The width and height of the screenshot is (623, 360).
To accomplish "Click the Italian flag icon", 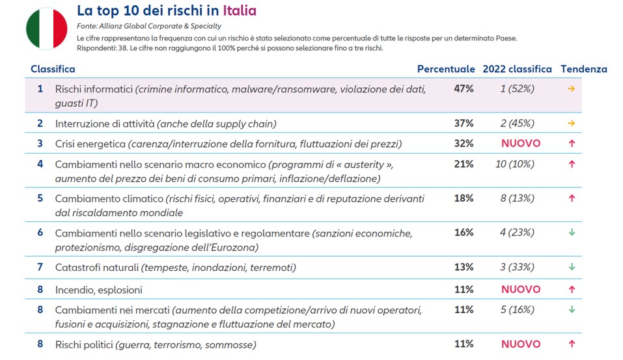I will (x=47, y=29).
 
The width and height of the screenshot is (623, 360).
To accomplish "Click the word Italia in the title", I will (x=239, y=10).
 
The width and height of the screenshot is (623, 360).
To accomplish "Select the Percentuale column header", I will (x=446, y=69).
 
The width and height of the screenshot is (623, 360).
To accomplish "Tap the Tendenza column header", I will (x=583, y=69).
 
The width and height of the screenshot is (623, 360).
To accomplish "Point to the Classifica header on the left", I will (x=53, y=69).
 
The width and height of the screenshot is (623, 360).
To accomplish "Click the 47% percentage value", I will (x=464, y=89).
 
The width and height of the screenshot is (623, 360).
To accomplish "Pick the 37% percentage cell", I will (x=464, y=123).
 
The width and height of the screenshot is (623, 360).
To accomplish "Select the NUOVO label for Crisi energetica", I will (x=520, y=143).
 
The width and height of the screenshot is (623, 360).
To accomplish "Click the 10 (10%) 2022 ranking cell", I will (x=514, y=164).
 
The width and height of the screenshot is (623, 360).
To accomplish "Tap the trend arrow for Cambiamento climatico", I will (x=572, y=199).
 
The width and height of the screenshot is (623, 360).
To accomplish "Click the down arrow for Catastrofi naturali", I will (x=572, y=267).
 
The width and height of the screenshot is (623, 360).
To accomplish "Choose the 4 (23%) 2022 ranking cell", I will (x=517, y=232).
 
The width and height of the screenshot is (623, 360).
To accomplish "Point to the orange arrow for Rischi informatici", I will (x=572, y=89).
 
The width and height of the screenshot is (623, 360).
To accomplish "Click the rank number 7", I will (x=40, y=267).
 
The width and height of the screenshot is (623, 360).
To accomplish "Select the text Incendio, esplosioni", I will (x=98, y=290).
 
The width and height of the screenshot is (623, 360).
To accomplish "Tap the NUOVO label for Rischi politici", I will (x=520, y=344).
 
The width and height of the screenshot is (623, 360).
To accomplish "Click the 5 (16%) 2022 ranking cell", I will (x=517, y=310).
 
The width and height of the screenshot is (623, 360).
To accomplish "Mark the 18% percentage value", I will (x=464, y=199).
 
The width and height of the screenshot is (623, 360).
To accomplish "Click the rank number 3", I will (x=40, y=143).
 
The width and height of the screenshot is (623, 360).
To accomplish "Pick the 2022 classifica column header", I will (x=517, y=69).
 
